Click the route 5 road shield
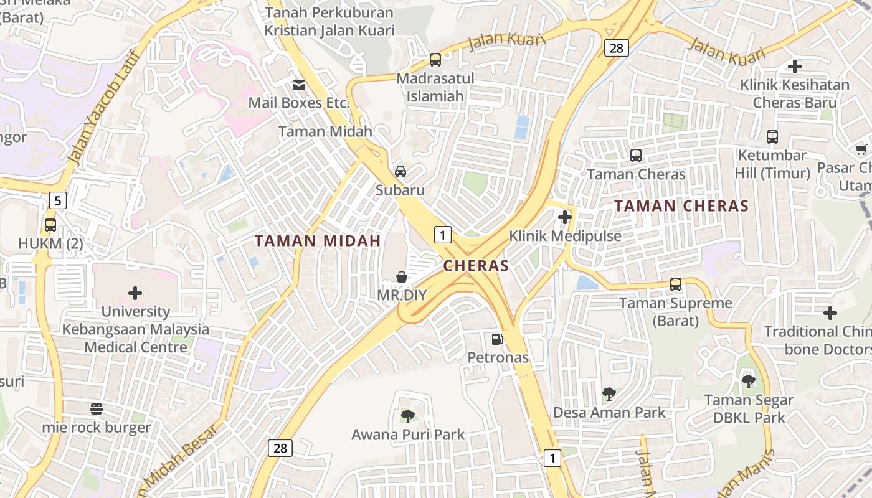coord(58,200)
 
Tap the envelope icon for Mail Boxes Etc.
coord(299,85)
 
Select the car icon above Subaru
coord(400,172)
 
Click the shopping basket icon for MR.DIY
coord(402,276)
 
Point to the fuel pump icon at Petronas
coord(497,339)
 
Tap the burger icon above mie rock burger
coord(97,409)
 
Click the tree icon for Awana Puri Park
coord(408,415)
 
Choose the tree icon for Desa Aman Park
coord(609,393)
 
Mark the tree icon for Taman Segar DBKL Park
coord(748,381)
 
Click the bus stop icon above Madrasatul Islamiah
coord(435,60)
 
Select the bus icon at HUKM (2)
coord(50,225)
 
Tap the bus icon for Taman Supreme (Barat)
coord(676,284)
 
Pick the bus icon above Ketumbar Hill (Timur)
coord(772,137)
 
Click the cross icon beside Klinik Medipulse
coord(565,217)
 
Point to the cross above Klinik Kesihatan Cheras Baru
coord(795,66)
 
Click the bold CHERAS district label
coord(476,266)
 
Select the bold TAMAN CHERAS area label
coord(681,206)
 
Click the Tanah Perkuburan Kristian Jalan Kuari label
coord(329,21)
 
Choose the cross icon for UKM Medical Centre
coord(135,293)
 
